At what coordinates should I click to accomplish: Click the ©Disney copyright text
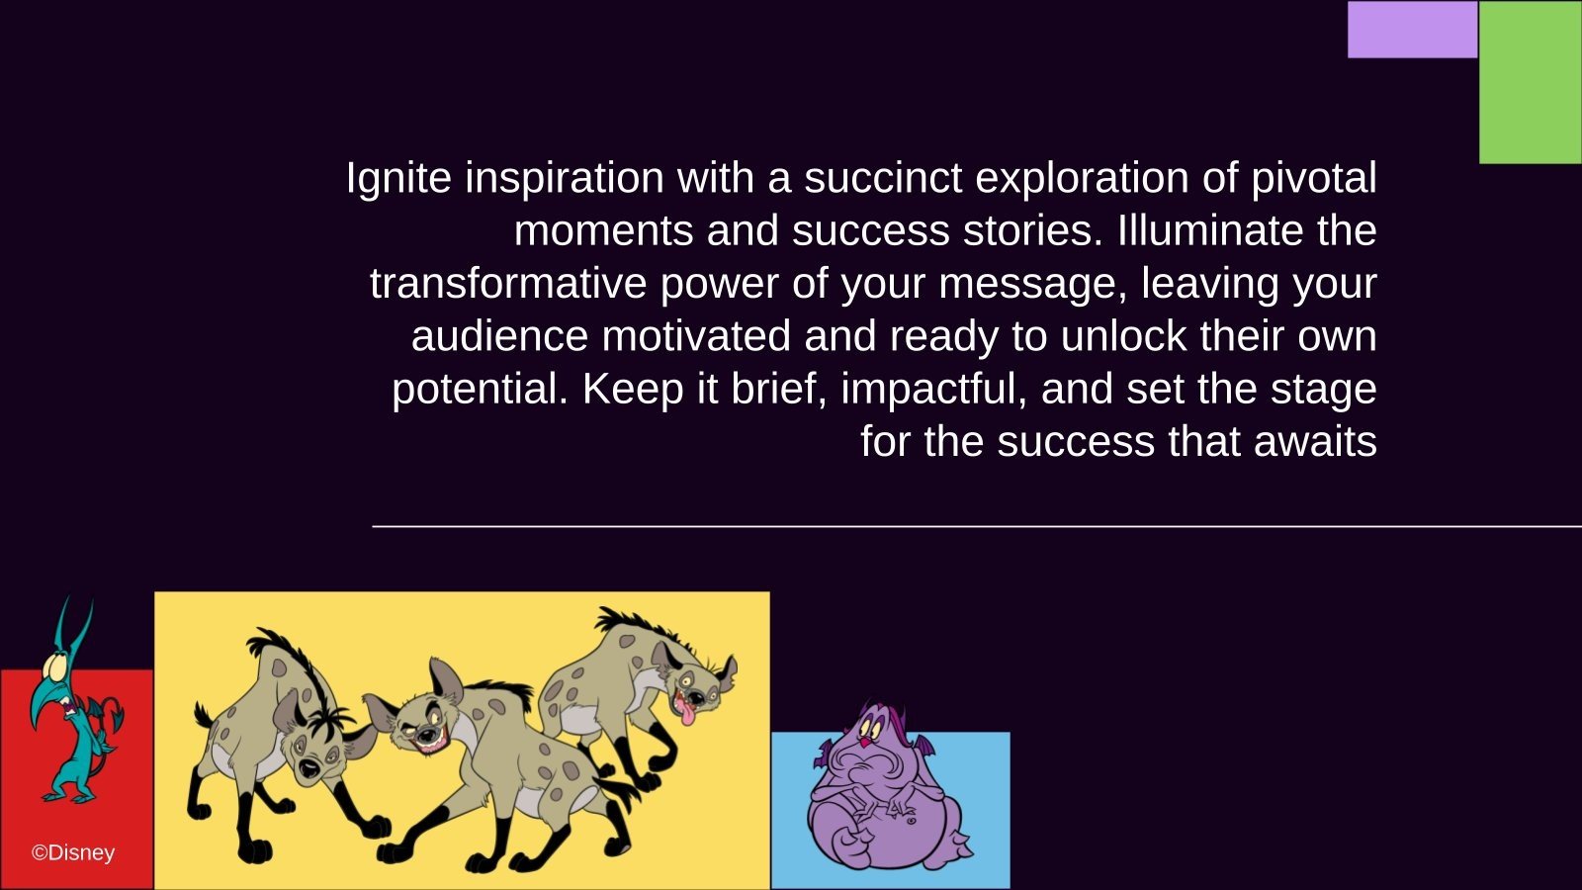tap(73, 853)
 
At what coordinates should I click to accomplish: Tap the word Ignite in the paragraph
tap(398, 179)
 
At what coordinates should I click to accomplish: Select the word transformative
tap(508, 283)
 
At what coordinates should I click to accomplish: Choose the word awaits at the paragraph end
tap(1315, 442)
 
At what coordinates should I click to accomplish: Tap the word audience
tap(499, 336)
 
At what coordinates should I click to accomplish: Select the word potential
tap(480, 390)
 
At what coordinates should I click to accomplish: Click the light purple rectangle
tap(1413, 30)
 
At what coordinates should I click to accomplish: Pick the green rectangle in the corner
tap(1531, 83)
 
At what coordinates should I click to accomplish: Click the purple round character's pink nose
tap(864, 741)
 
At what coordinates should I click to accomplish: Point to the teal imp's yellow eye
tap(56, 665)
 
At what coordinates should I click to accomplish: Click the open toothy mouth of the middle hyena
tap(429, 738)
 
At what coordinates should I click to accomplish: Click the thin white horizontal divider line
tap(977, 526)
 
